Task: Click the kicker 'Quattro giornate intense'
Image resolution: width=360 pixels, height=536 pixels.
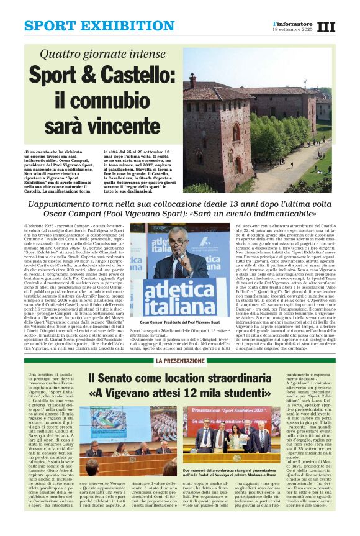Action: [102, 55]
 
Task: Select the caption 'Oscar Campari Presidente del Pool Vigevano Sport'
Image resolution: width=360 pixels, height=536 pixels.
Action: [180, 323]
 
